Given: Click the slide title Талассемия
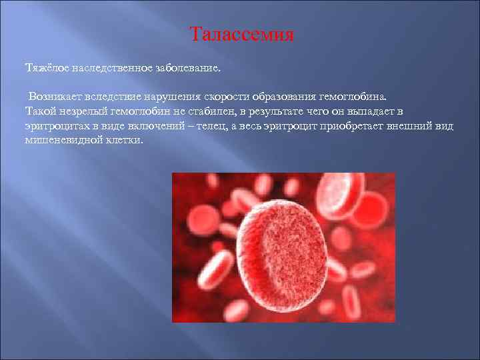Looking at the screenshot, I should pos(241,34).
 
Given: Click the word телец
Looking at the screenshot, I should pos(213,126).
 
